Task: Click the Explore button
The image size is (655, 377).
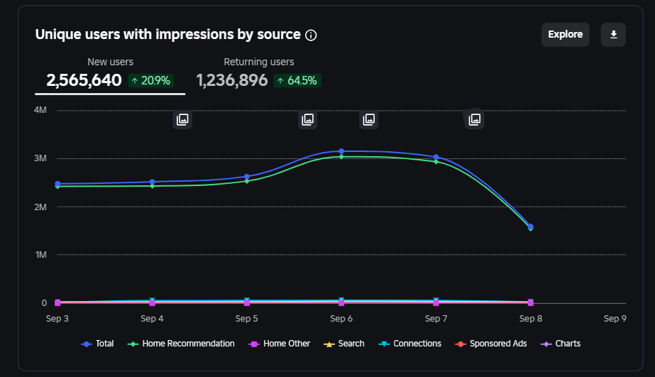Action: coord(565,34)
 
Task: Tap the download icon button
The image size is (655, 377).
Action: coord(613,34)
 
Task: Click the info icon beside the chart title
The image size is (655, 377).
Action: coord(311,35)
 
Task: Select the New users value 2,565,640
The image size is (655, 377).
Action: coord(84,80)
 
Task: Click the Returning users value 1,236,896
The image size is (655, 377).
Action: coord(232,80)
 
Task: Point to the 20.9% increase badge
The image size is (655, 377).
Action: coord(151,81)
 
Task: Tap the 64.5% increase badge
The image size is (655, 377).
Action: coord(297,81)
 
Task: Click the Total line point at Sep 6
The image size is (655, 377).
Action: coord(341,151)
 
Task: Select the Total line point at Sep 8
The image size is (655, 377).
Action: coord(531,226)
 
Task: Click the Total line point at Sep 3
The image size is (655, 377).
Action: coord(57,184)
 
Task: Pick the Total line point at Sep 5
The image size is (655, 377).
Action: coord(247,177)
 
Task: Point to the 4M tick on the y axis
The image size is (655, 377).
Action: coord(40,110)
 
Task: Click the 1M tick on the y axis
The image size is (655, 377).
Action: coord(41,255)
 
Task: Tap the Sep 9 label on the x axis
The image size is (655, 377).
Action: coord(615,319)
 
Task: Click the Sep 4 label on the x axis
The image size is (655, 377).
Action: coord(152,319)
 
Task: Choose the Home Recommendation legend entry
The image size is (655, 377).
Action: coord(181,344)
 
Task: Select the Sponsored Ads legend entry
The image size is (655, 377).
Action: coord(491,344)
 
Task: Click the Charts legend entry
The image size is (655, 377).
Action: coord(561,344)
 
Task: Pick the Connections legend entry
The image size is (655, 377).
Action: coord(409,344)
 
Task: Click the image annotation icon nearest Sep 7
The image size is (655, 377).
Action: coord(474,119)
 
